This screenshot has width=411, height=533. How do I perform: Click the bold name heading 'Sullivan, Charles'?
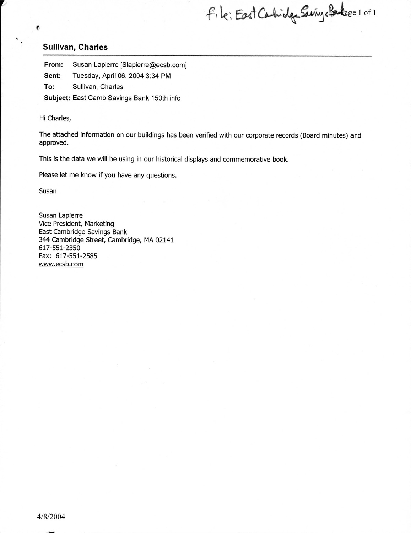click(75, 47)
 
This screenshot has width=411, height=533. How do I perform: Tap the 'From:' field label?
click(53, 65)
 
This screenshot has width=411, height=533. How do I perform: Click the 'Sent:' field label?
click(52, 76)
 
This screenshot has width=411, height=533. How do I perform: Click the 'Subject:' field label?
click(57, 98)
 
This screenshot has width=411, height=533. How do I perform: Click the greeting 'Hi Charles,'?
click(55, 118)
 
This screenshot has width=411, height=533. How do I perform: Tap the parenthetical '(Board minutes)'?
click(324, 135)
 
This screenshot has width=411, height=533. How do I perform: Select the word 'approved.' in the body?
click(53, 143)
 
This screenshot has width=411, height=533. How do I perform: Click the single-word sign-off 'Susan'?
click(48, 191)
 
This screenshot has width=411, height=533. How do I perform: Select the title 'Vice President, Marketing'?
click(76, 224)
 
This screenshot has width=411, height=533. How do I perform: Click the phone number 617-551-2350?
click(59, 248)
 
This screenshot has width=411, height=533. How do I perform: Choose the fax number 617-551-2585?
click(76, 256)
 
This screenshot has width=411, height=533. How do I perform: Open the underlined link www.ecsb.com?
click(61, 264)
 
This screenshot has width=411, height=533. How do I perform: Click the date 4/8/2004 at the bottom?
click(51, 517)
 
